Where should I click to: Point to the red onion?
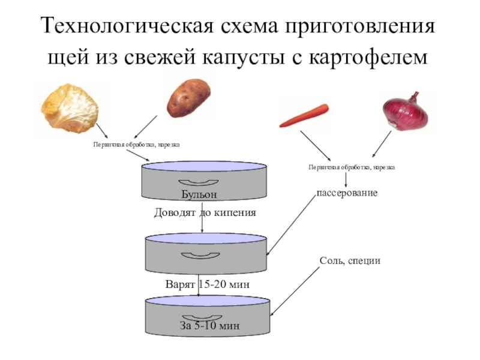tap(406, 110)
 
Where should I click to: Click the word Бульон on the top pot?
tap(199, 194)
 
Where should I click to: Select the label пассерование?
tap(347, 193)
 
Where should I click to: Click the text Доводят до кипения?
tap(205, 212)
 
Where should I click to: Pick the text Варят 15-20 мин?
tap(206, 283)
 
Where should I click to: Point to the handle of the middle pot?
tap(203, 256)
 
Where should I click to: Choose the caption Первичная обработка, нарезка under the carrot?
tap(351, 167)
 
